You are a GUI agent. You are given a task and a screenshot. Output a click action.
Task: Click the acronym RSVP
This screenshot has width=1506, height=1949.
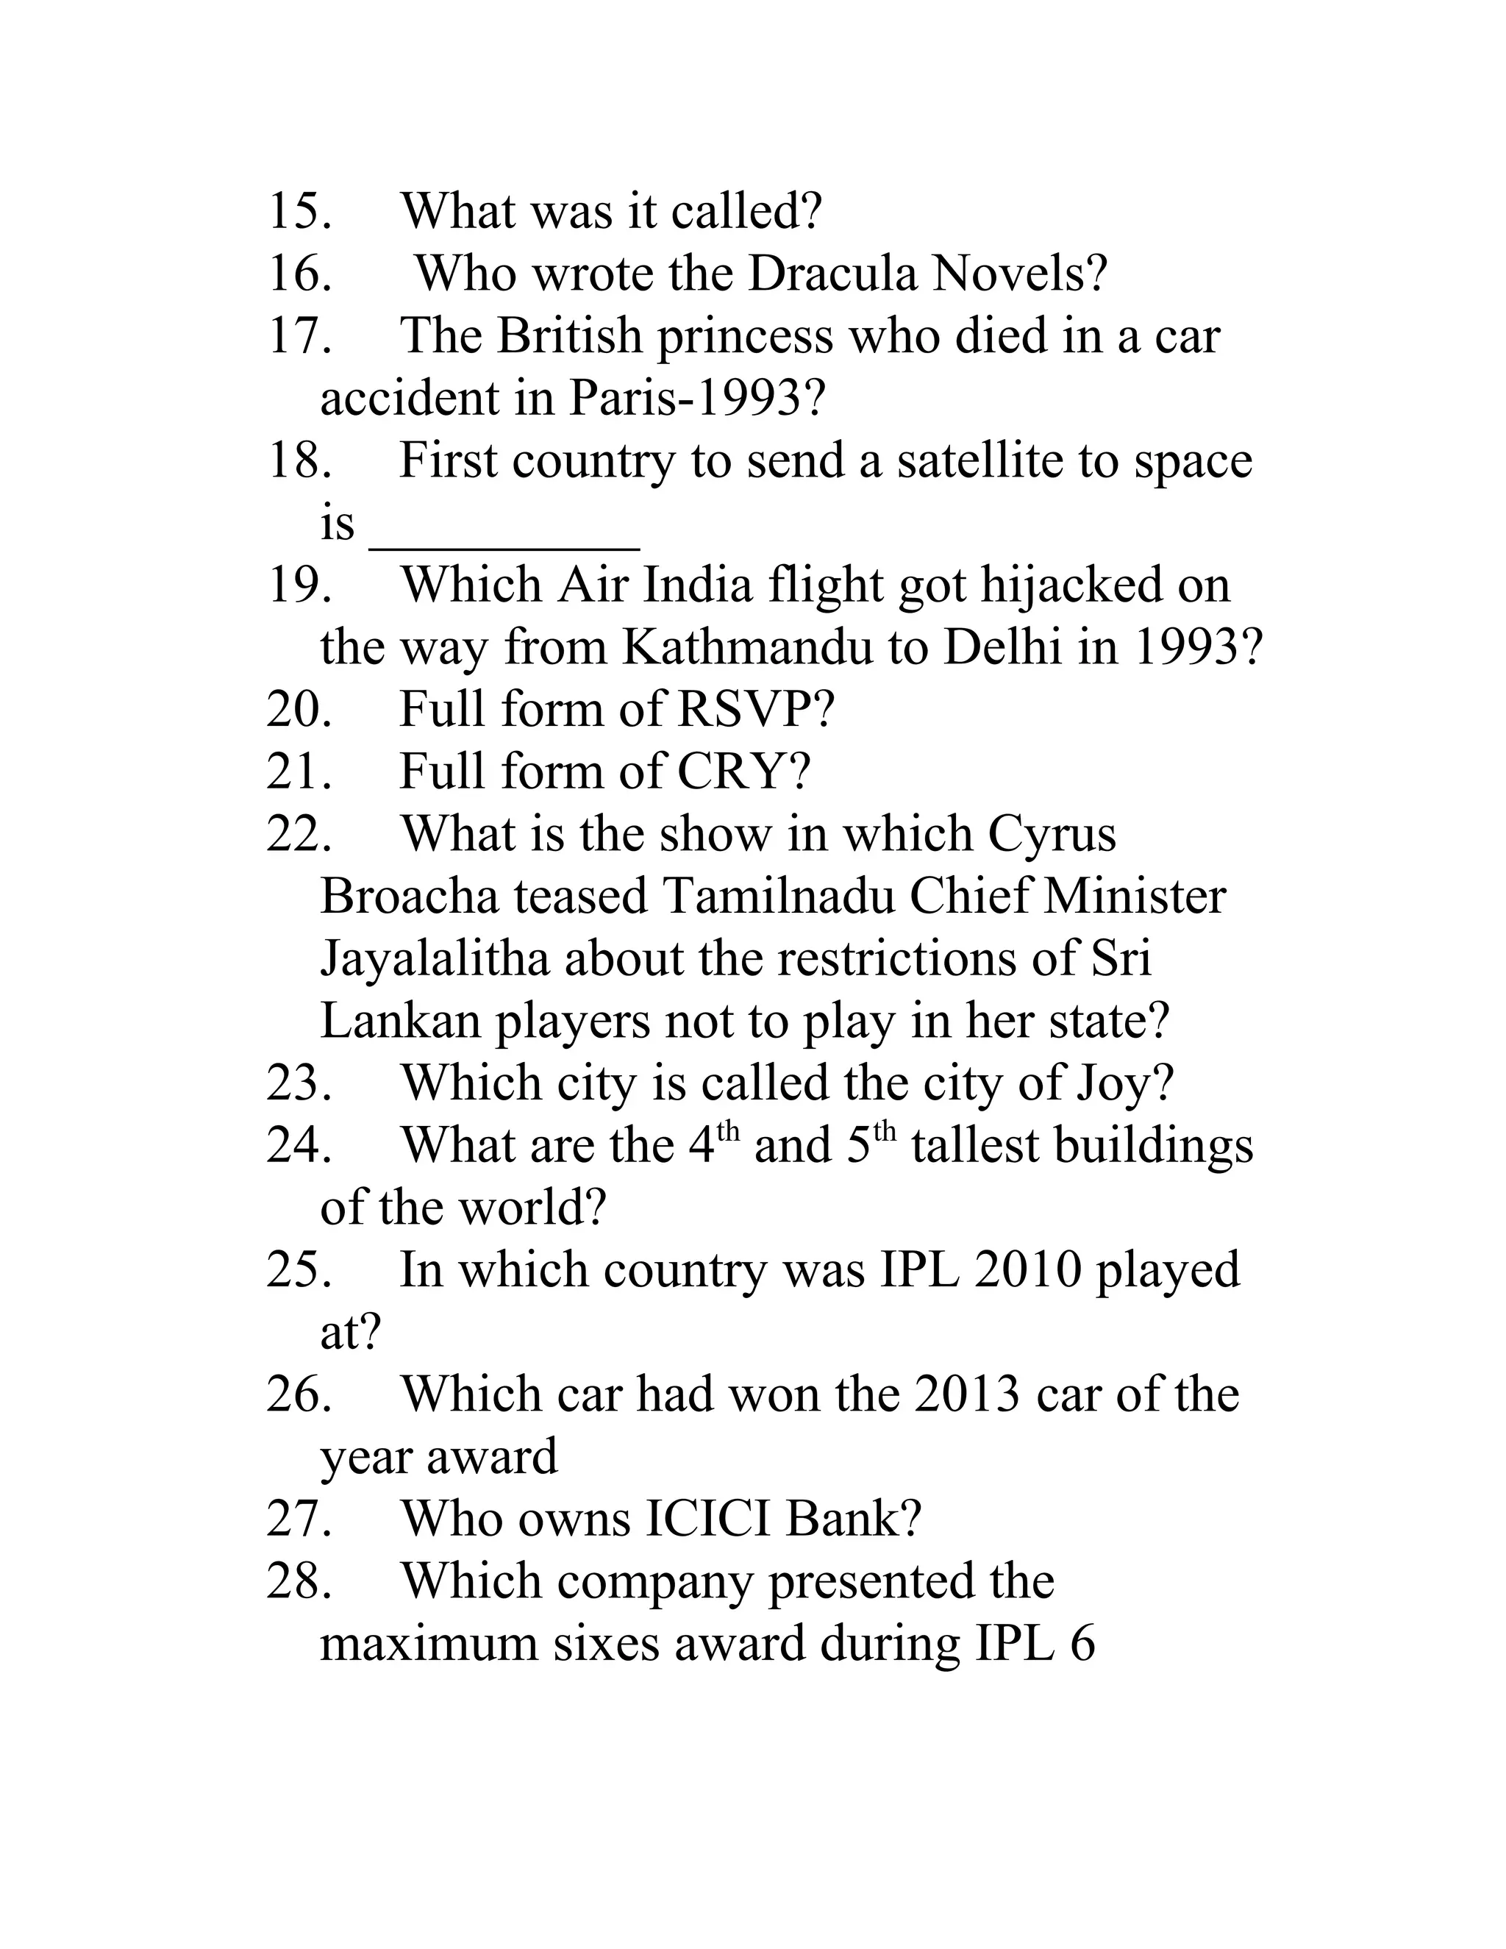(754, 710)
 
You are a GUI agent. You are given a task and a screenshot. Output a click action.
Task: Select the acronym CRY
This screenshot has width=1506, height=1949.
(742, 772)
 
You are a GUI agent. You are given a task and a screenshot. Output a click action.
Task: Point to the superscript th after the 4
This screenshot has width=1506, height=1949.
(729, 1132)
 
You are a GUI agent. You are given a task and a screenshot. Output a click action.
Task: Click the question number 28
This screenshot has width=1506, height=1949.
(300, 1581)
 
